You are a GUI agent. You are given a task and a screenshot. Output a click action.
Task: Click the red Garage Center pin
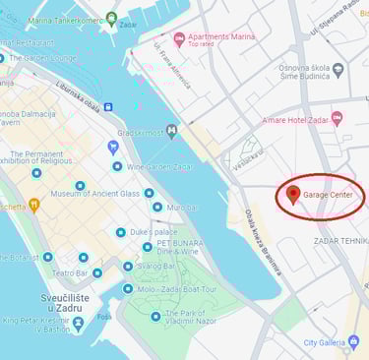292,194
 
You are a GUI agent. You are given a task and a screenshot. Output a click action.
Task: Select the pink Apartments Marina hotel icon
178,38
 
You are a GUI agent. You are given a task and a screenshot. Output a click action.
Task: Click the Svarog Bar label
157,267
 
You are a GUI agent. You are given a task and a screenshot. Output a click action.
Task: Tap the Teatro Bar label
70,272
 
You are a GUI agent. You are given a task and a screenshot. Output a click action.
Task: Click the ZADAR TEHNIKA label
340,240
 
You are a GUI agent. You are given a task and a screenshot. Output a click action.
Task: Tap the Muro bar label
181,208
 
